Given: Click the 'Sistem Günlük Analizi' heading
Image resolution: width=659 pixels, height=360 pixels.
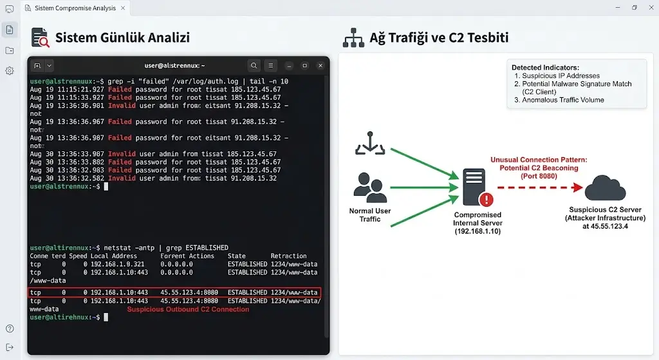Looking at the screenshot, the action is pos(122,37).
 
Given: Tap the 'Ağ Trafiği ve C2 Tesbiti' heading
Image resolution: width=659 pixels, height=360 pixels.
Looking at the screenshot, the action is pos(439,37).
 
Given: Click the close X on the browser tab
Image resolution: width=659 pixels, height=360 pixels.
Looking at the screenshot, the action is pos(123,8).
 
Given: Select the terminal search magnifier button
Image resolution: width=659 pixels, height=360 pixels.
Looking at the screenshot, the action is pos(254,66).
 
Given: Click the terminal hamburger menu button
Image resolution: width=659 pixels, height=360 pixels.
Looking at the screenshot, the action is pos(271,66).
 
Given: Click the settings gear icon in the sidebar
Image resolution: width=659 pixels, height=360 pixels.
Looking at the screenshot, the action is pos(10,71).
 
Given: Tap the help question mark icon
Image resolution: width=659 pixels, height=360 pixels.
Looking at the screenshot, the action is pos(10,328).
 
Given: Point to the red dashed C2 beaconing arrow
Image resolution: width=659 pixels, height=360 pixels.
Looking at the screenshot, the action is pos(540,187).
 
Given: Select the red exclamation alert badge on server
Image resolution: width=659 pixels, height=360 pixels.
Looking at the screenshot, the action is pos(487,200).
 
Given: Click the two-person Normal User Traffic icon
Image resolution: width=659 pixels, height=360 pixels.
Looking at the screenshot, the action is pos(370,187).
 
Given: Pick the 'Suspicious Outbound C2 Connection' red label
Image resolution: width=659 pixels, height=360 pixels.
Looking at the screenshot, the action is pos(188,309).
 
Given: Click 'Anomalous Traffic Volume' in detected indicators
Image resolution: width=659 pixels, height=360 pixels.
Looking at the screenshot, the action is pos(562,100).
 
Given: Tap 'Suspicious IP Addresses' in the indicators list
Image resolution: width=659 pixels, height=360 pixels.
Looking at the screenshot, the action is pos(561,76).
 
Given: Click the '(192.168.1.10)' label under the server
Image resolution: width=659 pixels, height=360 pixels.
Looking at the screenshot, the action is pos(478,231).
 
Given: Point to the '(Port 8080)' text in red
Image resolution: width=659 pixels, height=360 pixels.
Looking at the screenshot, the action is pos(539,176).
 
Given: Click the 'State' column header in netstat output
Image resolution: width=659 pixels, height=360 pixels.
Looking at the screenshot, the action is pos(237,256).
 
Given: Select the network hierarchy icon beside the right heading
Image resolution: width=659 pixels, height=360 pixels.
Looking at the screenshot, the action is pos(353,37).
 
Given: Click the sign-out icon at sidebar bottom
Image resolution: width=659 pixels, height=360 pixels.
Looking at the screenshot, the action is pos(10,347).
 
